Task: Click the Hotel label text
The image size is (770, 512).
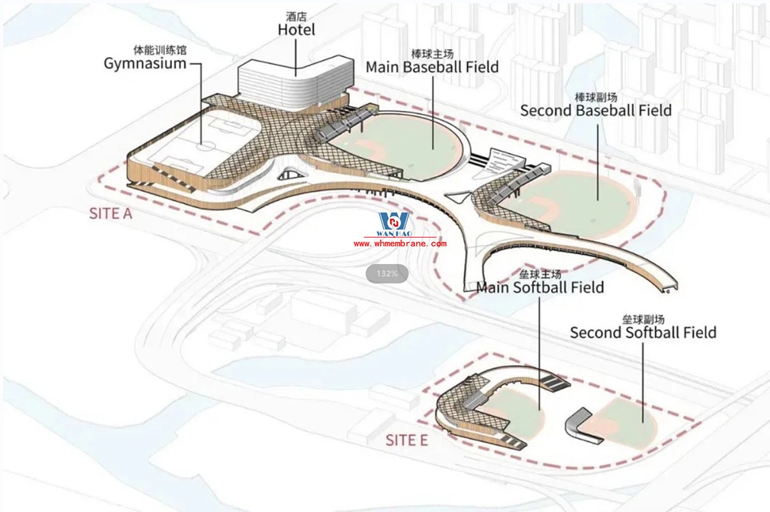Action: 296,29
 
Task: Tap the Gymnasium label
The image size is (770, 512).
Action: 145,63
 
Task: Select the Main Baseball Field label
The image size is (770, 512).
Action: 432,67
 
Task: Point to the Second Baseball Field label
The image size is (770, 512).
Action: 595,110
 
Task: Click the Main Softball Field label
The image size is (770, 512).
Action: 540,287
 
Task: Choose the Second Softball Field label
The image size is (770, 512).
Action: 643,332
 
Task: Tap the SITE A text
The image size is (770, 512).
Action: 111,214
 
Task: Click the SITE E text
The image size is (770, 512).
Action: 406,440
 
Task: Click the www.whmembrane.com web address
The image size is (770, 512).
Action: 400,244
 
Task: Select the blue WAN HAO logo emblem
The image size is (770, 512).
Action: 394,221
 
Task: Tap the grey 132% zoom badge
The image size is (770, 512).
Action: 387,273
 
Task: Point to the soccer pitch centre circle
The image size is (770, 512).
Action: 207,146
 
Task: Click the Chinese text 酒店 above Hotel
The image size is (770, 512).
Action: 296,16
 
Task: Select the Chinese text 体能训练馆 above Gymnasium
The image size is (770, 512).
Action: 160,50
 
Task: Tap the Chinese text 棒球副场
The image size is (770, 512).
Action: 595,97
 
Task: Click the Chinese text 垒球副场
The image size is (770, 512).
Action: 643,320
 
